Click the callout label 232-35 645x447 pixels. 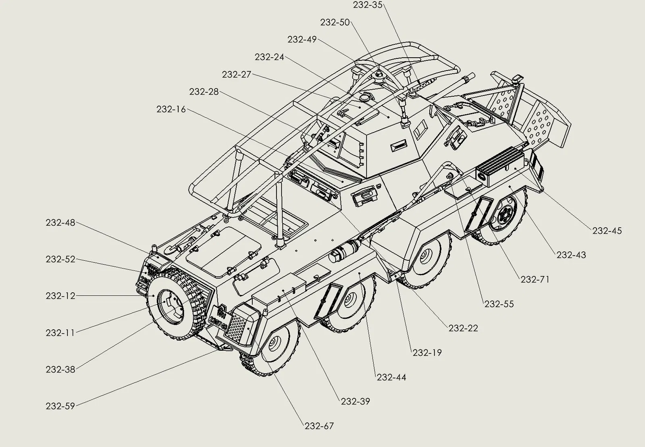367,5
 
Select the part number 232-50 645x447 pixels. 335,22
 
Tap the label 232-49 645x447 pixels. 302,40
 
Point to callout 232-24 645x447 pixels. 269,57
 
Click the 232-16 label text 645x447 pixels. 171,109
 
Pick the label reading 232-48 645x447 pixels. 60,222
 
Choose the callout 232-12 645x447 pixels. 60,296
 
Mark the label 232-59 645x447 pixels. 60,406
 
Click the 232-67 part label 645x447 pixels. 319,426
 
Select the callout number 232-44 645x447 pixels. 391,377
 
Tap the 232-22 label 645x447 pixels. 463,328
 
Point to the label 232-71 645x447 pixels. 535,279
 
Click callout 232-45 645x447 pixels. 607,231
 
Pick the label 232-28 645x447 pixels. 204,92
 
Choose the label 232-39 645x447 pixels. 355,401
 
